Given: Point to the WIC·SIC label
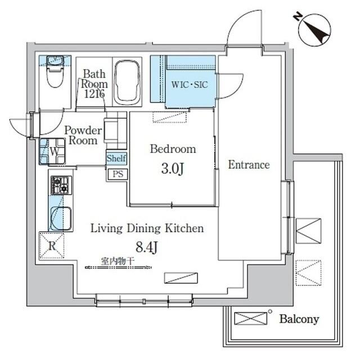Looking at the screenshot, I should pyautogui.click(x=189, y=85).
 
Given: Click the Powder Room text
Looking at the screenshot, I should pyautogui.click(x=83, y=136).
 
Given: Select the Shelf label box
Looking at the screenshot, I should pyautogui.click(x=116, y=159).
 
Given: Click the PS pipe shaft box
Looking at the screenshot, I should pyautogui.click(x=117, y=174).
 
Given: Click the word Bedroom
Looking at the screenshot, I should pyautogui.click(x=173, y=150).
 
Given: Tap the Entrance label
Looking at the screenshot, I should pyautogui.click(x=249, y=165).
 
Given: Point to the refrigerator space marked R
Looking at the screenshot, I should pyautogui.click(x=51, y=245).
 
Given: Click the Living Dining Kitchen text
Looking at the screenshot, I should pyautogui.click(x=147, y=229).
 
